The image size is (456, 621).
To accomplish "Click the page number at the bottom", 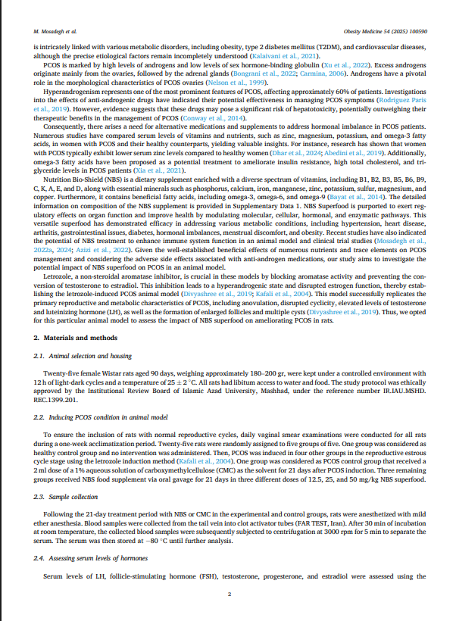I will [228, 593].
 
